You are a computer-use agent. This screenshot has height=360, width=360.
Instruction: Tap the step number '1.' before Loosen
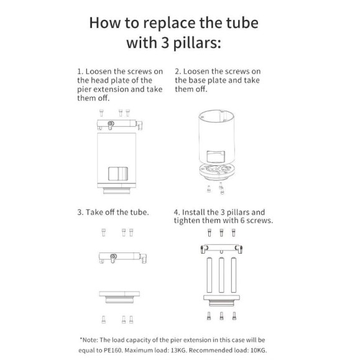(80, 72)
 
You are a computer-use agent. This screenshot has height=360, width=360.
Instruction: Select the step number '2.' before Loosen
(178, 72)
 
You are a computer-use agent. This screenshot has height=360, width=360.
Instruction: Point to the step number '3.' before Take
(81, 212)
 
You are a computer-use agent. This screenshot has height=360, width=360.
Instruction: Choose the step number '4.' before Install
(178, 212)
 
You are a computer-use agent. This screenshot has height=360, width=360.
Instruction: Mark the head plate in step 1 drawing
(118, 125)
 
